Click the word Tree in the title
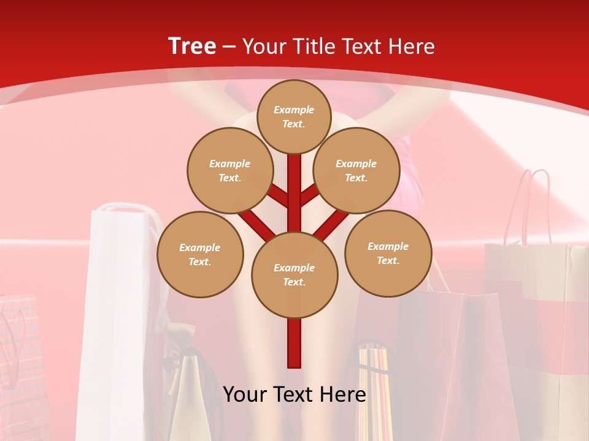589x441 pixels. [x=192, y=46]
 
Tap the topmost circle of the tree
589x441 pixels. [x=294, y=116]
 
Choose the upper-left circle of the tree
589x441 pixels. [x=229, y=170]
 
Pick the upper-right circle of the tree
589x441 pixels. [x=356, y=170]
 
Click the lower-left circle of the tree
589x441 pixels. [x=200, y=254]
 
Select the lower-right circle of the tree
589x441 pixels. [x=388, y=253]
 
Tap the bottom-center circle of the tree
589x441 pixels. [x=294, y=274]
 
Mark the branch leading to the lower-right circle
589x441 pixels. [x=332, y=224]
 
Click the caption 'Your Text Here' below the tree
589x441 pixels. [x=294, y=394]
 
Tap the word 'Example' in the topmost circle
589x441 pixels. [x=294, y=110]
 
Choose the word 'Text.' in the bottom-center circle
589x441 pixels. [x=294, y=282]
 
